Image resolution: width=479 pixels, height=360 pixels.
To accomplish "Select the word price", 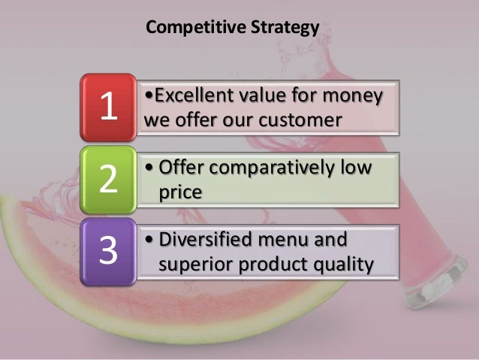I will click(181, 192).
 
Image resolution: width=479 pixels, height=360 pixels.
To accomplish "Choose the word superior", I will click(194, 265).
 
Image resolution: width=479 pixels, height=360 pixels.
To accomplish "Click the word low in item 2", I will click(357, 168).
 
